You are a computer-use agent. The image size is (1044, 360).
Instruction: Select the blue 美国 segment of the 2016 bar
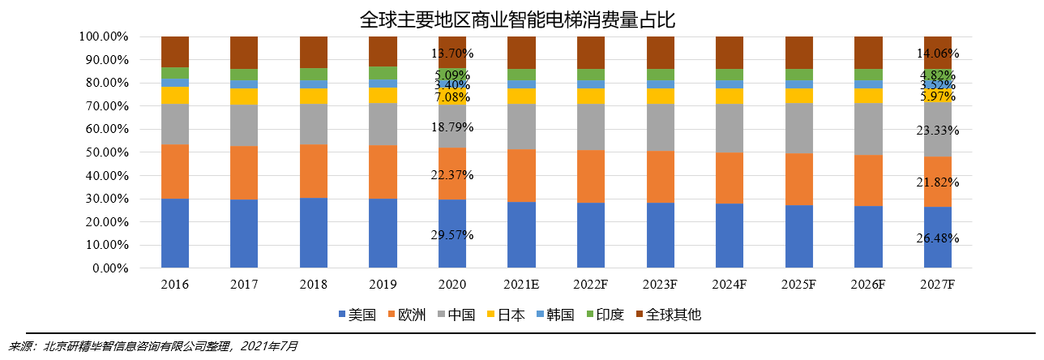point(175,233)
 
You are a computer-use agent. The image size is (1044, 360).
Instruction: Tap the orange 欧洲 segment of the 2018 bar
point(314,171)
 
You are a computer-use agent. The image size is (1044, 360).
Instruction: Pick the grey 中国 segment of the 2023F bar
point(660,127)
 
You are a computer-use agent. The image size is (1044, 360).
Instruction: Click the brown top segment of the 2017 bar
point(244,53)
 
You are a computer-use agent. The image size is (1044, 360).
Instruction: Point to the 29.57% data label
point(452,235)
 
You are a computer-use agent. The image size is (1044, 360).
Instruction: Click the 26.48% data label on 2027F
point(938,238)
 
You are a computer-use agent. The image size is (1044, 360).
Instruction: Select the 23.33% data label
point(938,130)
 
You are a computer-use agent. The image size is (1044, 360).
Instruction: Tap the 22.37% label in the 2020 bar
point(452,175)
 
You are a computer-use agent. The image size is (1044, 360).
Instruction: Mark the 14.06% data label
point(938,54)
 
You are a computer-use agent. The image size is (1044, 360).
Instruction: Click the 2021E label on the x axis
point(521,285)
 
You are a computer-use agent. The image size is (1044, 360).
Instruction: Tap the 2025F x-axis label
point(798,285)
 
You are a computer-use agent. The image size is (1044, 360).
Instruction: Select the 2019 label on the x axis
point(383,285)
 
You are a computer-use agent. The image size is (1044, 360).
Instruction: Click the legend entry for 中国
point(454,315)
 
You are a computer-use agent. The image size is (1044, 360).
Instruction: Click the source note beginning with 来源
point(154,346)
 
